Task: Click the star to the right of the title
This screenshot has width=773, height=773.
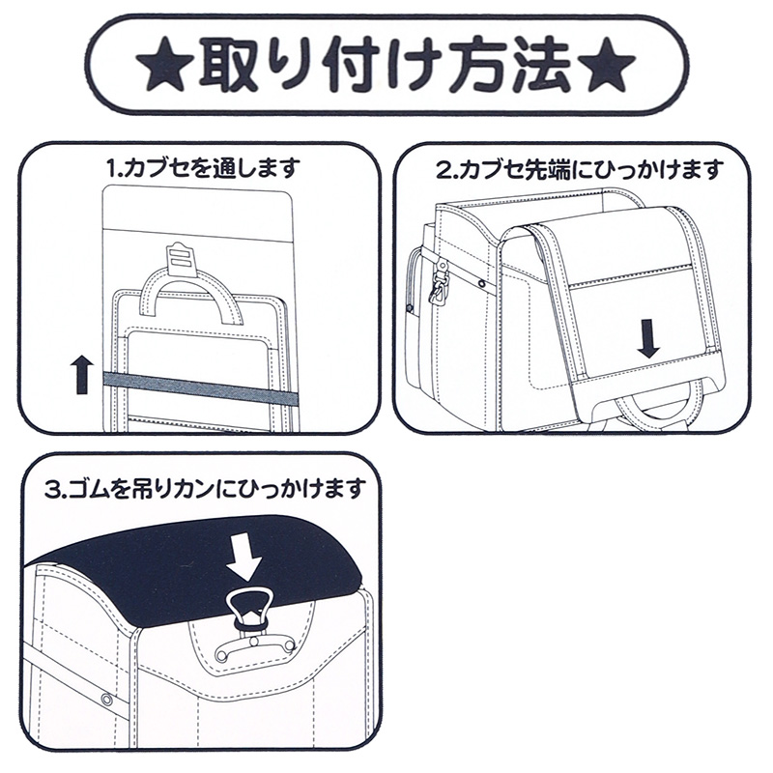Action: [x=610, y=65]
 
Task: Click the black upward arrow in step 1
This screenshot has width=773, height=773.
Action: [x=83, y=372]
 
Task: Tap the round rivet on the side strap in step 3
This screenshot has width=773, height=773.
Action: [x=106, y=698]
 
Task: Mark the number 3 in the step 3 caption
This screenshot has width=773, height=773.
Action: [x=52, y=489]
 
